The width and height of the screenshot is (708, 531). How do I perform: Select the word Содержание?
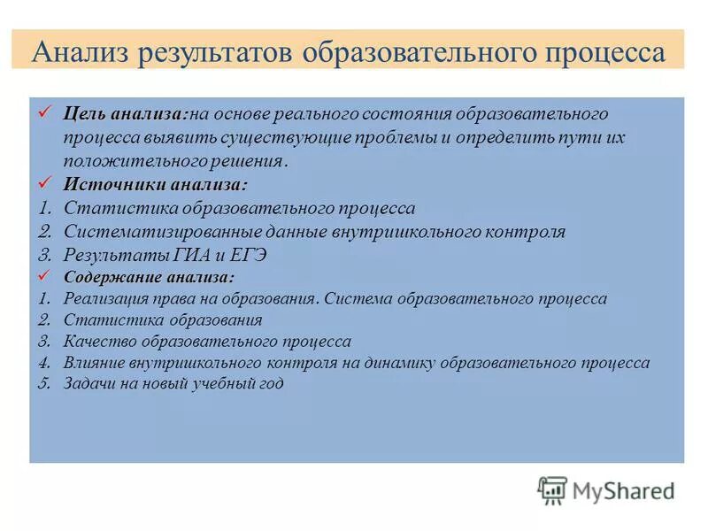107,278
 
